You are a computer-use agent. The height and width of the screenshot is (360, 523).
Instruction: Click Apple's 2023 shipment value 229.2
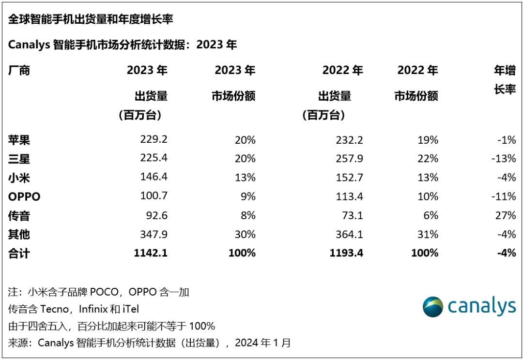pyautogui.click(x=153, y=140)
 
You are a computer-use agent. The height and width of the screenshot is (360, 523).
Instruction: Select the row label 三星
pyautogui.click(x=19, y=159)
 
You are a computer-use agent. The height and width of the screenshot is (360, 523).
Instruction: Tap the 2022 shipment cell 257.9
pyautogui.click(x=349, y=159)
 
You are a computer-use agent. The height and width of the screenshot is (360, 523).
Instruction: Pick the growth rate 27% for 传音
pyautogui.click(x=506, y=215)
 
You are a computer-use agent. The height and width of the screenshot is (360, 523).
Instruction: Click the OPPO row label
pyautogui.click(x=24, y=197)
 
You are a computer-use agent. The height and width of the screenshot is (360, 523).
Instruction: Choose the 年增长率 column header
pyautogui.click(x=505, y=80)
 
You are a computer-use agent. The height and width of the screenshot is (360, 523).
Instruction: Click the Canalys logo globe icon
pyautogui.click(x=433, y=307)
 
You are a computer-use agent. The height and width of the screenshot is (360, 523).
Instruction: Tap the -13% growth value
pyautogui.click(x=503, y=159)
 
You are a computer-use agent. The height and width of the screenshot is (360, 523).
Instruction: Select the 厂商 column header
pyautogui.click(x=19, y=71)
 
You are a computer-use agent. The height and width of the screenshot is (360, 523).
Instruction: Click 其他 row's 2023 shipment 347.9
pyautogui.click(x=153, y=234)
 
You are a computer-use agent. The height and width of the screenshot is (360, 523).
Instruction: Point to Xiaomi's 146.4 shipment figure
pyautogui.click(x=153, y=178)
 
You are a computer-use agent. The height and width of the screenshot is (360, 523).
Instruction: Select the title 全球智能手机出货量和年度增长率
pyautogui.click(x=91, y=19)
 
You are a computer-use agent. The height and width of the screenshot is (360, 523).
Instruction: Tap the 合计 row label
pyautogui.click(x=19, y=253)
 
